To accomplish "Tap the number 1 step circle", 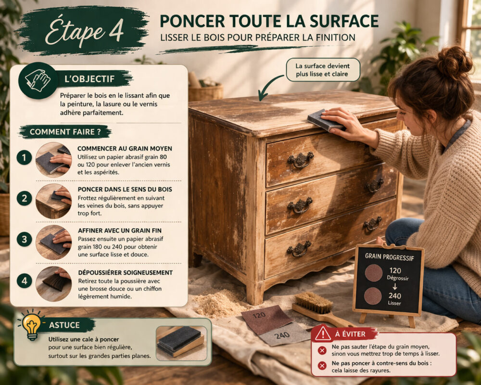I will (x=24, y=157).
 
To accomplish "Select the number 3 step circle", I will (x=24, y=239).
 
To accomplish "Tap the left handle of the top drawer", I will (x=300, y=160).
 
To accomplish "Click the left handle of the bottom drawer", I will (x=299, y=249).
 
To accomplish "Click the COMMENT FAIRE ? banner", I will (x=65, y=131).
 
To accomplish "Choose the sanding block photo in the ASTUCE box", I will (x=180, y=341).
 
